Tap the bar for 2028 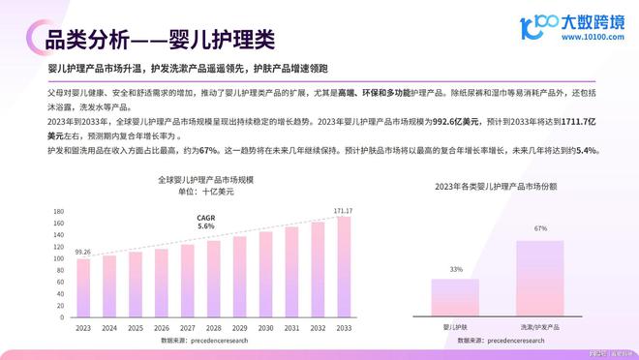click(213, 280)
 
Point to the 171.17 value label click(343, 211)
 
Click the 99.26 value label click(83, 253)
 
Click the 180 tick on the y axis click(58, 211)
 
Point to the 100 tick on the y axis click(58, 259)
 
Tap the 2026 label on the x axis click(161, 329)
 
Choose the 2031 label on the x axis click(291, 329)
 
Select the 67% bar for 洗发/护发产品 click(540, 279)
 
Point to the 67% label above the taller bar click(540, 229)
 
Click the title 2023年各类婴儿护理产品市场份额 click(499, 186)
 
